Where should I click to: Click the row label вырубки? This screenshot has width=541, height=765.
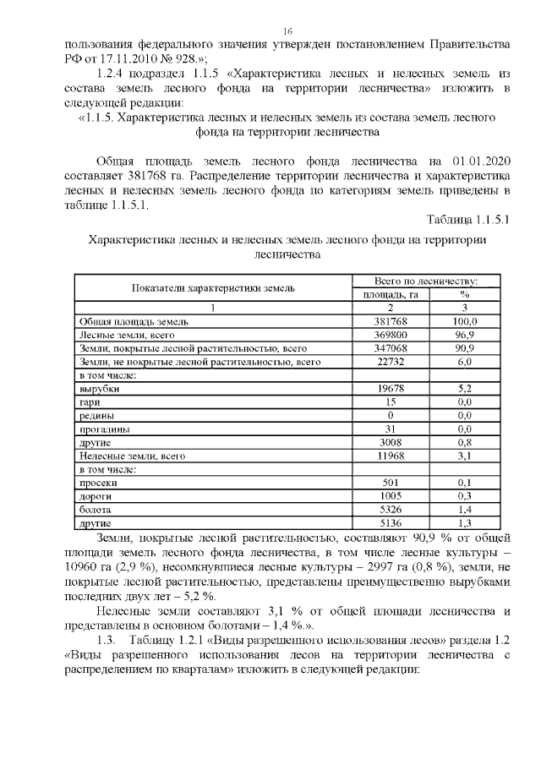[99, 388]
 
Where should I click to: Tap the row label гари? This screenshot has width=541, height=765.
[90, 402]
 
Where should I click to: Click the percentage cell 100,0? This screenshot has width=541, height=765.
[464, 322]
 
